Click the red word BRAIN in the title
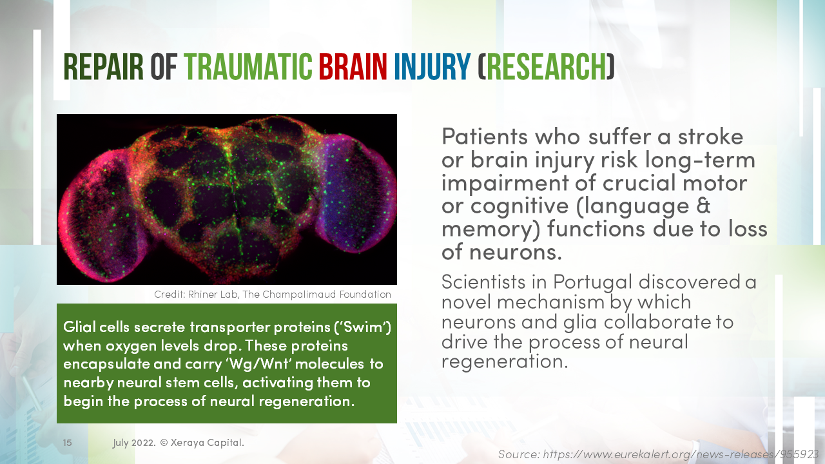[x=353, y=66]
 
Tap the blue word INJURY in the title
[x=432, y=66]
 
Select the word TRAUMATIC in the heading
[x=248, y=66]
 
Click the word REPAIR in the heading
[x=104, y=66]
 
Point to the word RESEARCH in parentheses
[x=547, y=66]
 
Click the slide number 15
[x=67, y=443]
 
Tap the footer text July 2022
[x=134, y=443]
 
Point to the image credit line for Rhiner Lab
[x=272, y=295]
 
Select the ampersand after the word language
[x=704, y=206]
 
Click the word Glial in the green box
[x=79, y=327]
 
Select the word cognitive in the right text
[x=507, y=206]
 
